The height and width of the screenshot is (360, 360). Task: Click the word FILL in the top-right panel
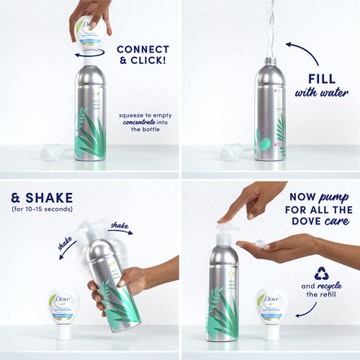(325, 77)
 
